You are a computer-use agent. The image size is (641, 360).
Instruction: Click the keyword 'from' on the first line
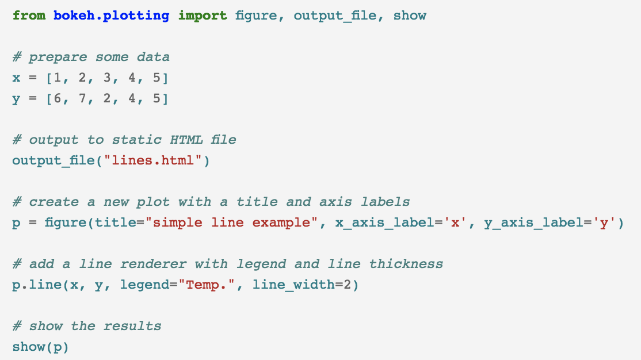point(29,16)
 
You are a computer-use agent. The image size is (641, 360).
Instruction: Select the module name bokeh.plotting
point(112,16)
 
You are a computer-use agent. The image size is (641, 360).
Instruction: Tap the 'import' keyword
point(203,16)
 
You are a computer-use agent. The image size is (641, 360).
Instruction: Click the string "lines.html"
point(153,160)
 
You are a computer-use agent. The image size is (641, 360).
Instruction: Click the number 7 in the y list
point(82,98)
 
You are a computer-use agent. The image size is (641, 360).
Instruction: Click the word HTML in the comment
point(186,140)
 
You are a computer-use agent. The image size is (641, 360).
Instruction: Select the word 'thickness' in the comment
point(406,264)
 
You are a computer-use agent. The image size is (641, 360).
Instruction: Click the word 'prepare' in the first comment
point(58,57)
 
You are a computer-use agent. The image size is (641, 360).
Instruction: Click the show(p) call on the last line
point(40,347)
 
